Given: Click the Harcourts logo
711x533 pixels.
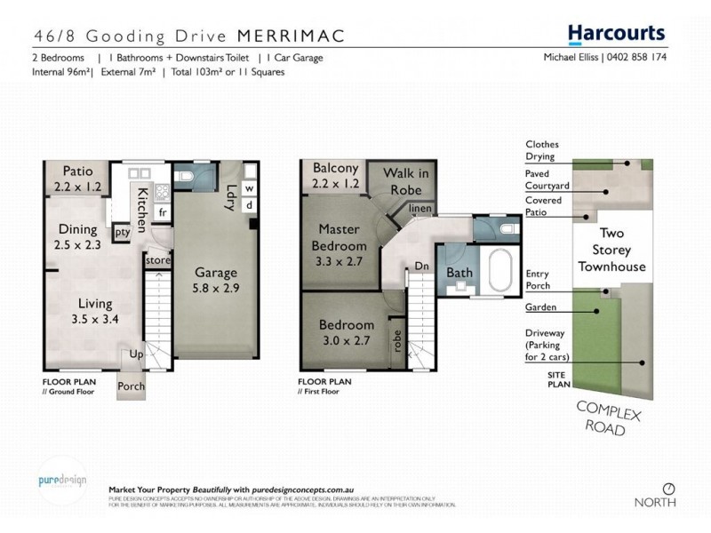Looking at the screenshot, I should click(616, 34).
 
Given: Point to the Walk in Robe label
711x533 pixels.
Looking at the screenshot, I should click(404, 180).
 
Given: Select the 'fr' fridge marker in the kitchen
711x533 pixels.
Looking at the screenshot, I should click(162, 213).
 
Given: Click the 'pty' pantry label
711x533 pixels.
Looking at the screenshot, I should click(123, 232).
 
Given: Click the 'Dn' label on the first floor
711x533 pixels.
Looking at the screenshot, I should click(423, 266).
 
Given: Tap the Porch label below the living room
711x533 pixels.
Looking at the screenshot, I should click(132, 386).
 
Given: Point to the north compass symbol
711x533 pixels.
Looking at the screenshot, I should click(668, 488).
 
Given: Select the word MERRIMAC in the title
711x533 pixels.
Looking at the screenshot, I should click(292, 36).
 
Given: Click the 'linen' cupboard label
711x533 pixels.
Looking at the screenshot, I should click(420, 209).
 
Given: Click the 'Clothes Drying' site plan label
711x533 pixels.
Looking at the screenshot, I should click(542, 150).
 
